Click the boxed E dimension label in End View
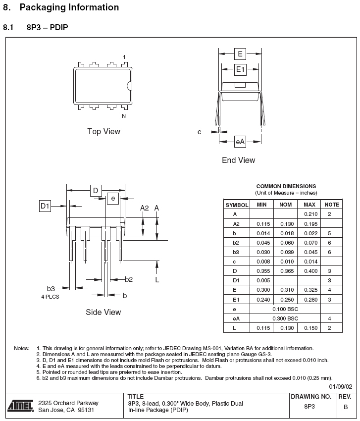240,53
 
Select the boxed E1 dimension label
240,69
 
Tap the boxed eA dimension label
240,142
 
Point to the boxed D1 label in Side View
45,206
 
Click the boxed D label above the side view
96,191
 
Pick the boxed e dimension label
113,199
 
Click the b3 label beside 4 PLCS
51,288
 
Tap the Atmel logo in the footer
20,406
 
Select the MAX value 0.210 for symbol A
309,214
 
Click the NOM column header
285,204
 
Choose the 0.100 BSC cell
285,309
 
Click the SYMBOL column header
237,204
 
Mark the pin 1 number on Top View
124,57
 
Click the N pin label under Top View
124,116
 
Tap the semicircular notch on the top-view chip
129,85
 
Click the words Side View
103,312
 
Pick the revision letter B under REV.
345,407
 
